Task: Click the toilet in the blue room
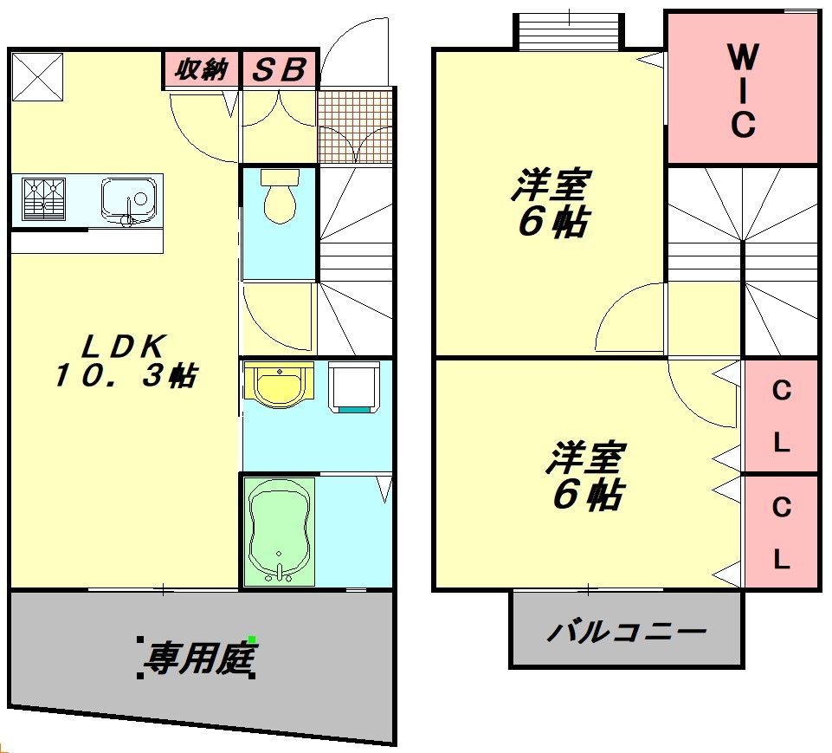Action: click(x=279, y=197)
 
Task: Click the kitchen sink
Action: click(x=130, y=198)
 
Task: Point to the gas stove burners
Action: click(x=43, y=198)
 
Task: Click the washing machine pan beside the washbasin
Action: click(x=354, y=386)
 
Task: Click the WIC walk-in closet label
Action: click(x=742, y=91)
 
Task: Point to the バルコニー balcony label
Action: click(x=625, y=631)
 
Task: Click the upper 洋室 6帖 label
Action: click(x=551, y=204)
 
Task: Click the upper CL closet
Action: click(x=781, y=416)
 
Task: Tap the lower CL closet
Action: click(x=781, y=532)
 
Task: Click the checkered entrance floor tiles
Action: click(x=355, y=125)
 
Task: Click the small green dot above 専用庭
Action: click(x=252, y=639)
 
